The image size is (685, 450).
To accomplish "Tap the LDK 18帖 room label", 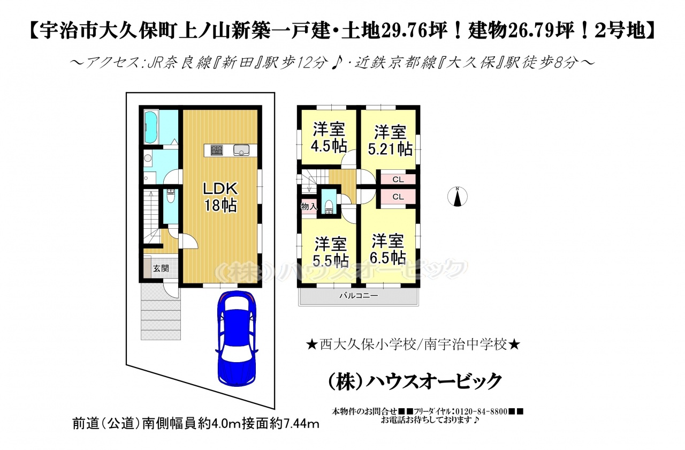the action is point(220,197).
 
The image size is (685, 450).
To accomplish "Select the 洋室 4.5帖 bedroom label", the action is point(329,138).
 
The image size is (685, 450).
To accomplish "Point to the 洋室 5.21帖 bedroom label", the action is point(390,140).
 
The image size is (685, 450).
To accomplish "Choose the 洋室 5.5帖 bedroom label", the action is point(331,252).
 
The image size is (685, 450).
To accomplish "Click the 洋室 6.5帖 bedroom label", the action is point(387,249).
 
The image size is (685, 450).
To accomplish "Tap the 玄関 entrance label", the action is point(161,268).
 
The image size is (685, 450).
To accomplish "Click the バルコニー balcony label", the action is point(359,296).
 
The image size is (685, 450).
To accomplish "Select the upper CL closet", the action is point(398,179).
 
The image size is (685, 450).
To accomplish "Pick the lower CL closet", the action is point(398,197).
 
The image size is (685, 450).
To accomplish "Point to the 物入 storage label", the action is point(309,207).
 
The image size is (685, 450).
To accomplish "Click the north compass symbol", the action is point(458,197).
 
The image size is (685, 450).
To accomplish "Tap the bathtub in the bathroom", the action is point(150,127).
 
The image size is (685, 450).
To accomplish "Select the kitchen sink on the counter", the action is point(242,150).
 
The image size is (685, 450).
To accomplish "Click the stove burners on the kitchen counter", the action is point(217,150).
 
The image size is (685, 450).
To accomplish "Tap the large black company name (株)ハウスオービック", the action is point(415,381).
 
